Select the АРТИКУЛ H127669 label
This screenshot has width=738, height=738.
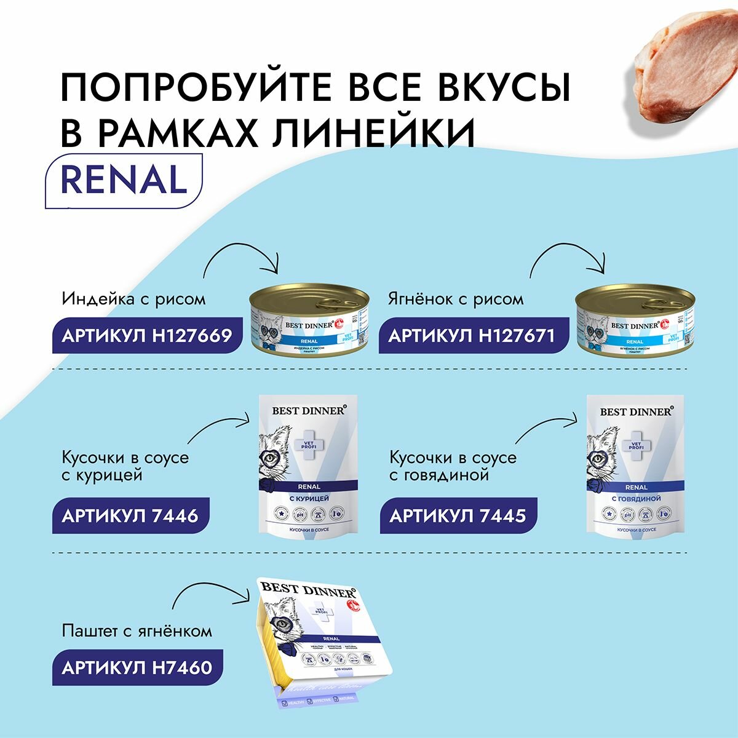(146, 335)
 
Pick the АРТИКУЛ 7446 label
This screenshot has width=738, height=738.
(130, 515)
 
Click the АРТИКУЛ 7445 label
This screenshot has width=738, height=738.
(458, 515)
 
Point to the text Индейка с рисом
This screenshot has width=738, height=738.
(133, 300)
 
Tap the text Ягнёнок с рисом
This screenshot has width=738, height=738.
(456, 300)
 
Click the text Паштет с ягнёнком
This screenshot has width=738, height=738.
(137, 631)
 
